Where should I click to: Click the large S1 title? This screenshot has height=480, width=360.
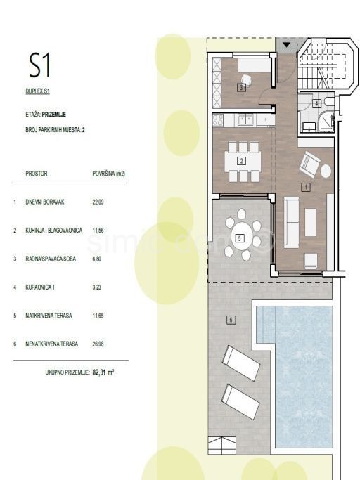(39, 65)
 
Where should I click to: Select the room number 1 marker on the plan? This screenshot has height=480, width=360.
(306, 187)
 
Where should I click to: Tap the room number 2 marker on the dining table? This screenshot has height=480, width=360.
(242, 160)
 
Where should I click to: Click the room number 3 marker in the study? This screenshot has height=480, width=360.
(241, 88)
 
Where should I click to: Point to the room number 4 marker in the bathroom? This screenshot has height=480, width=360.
(317, 103)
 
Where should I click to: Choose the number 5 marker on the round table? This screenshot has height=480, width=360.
(240, 238)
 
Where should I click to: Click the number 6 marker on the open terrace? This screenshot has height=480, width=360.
(231, 320)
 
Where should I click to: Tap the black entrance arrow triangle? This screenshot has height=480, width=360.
(286, 45)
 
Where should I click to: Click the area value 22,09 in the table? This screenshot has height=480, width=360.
(98, 202)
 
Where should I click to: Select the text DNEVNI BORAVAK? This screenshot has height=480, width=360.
(45, 202)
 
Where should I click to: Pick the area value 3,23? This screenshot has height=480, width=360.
(97, 287)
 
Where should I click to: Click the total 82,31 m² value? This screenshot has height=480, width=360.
(103, 372)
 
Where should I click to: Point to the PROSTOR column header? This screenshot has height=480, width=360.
(37, 174)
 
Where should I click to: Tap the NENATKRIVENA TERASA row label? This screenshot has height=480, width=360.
(52, 344)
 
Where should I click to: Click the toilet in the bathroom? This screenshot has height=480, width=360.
(330, 101)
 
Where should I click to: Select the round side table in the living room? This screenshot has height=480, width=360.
(326, 171)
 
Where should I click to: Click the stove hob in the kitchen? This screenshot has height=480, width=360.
(218, 119)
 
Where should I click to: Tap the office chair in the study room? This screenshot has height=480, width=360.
(247, 80)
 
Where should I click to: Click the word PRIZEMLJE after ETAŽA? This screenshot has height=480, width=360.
(54, 115)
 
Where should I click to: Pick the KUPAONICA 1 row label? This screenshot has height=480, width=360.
(40, 287)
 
